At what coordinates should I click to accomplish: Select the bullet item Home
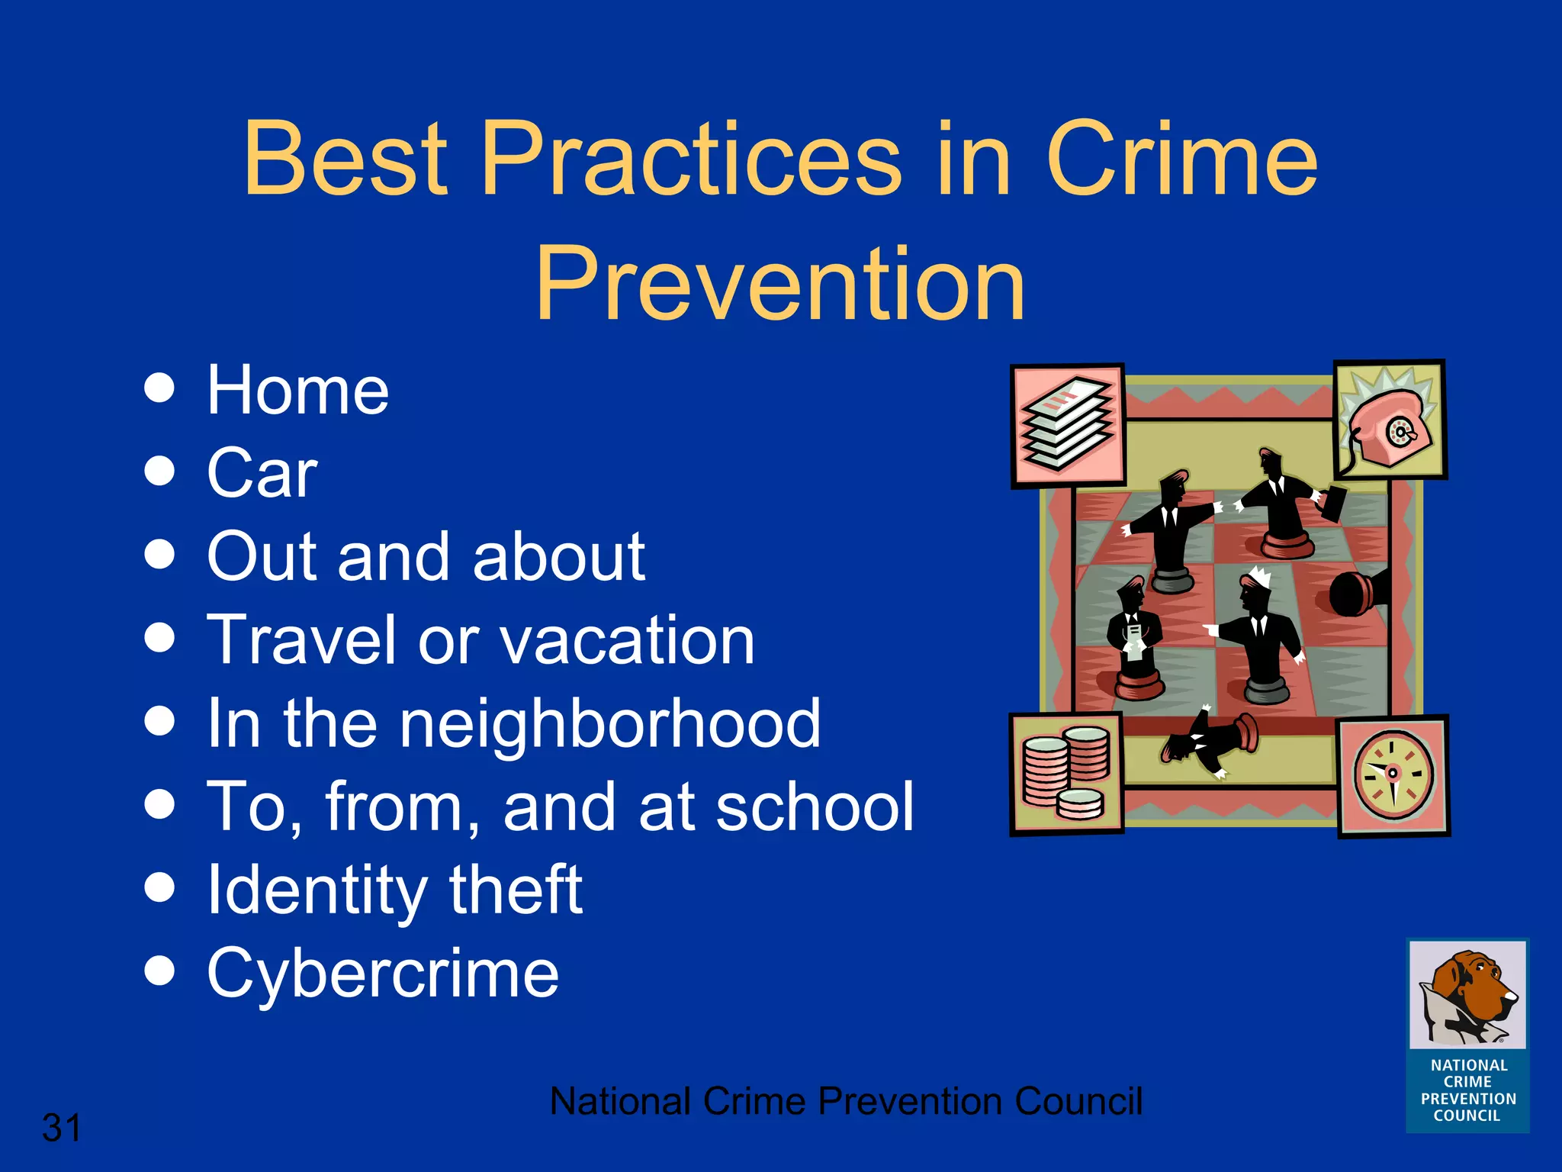pyautogui.click(x=297, y=391)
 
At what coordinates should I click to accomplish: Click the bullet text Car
pyautogui.click(x=262, y=473)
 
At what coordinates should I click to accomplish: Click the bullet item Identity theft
pyautogui.click(x=394, y=890)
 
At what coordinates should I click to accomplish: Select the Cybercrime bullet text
pyautogui.click(x=383, y=973)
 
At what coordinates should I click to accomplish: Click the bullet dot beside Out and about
pyautogui.click(x=159, y=554)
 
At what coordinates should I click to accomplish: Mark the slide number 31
pyautogui.click(x=61, y=1128)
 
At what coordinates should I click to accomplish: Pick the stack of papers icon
pyautogui.click(x=1068, y=424)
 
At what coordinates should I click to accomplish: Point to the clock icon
pyautogui.click(x=1393, y=774)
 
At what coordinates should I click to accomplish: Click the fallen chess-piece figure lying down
pyautogui.click(x=1209, y=741)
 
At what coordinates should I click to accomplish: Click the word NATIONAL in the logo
pyautogui.click(x=1469, y=1065)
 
